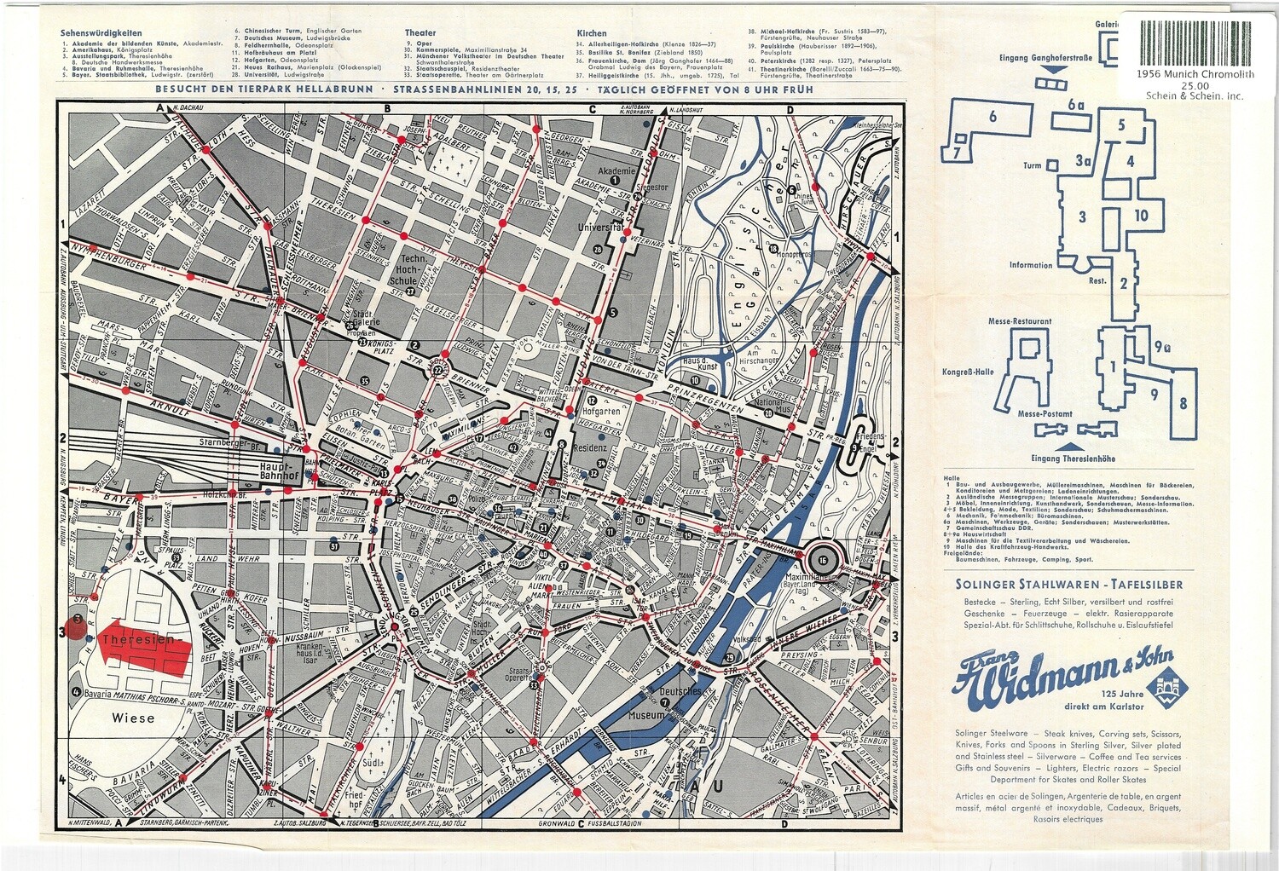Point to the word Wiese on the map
[134, 718]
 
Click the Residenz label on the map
[589, 447]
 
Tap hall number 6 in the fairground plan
[993, 117]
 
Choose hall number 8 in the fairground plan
[1183, 403]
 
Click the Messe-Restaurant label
[1020, 322]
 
